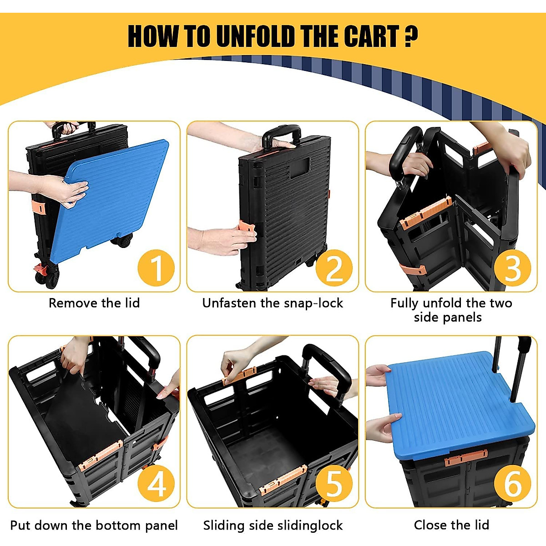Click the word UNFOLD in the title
[x=256, y=36]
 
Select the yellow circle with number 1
[x=156, y=268]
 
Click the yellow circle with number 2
[x=334, y=268]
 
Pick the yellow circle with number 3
[x=512, y=268]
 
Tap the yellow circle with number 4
[x=156, y=484]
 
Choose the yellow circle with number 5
[x=334, y=484]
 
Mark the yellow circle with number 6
[x=512, y=484]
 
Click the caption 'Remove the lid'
[x=94, y=303]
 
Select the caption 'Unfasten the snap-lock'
[x=273, y=303]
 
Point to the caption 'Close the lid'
[x=451, y=525]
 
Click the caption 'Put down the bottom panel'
[x=94, y=526]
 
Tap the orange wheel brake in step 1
[x=40, y=270]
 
